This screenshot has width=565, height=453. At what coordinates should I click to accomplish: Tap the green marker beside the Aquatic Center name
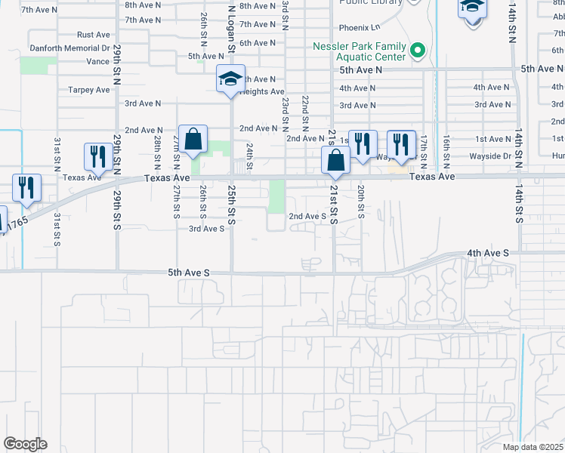(x=417, y=51)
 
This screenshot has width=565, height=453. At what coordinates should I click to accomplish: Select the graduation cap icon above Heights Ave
(x=230, y=79)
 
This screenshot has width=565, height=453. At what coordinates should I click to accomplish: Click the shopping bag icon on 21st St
(x=335, y=161)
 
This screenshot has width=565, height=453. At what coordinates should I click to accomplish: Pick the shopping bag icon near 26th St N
(x=193, y=139)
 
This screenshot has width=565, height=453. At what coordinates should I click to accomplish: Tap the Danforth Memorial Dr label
(x=69, y=48)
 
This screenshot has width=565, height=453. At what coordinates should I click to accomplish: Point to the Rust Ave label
(x=94, y=35)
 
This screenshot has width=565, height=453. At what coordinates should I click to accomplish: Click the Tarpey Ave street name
(x=89, y=90)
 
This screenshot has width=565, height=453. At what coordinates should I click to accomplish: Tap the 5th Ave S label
(x=187, y=272)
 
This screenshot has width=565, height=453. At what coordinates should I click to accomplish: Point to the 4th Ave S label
(x=488, y=253)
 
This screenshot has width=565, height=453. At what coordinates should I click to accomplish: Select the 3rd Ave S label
(x=206, y=228)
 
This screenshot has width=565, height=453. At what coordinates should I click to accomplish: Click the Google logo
(x=25, y=444)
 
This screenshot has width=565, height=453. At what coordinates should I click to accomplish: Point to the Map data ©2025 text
(x=533, y=447)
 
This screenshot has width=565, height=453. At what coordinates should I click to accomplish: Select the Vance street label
(x=97, y=62)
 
